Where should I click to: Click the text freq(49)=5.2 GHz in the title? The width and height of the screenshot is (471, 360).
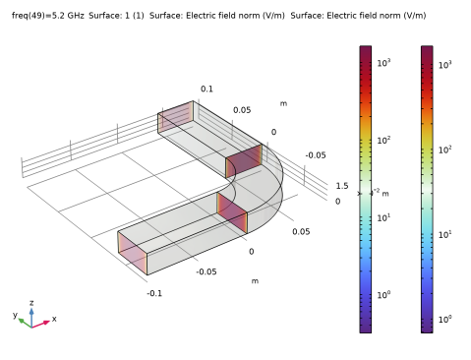click(48, 16)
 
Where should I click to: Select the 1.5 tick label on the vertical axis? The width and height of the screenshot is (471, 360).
click(342, 186)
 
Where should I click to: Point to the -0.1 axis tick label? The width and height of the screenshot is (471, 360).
click(154, 293)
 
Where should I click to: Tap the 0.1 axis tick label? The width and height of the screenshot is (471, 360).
click(206, 89)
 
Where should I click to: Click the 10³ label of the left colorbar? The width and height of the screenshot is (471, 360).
click(383, 62)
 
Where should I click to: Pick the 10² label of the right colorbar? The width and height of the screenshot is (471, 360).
click(445, 150)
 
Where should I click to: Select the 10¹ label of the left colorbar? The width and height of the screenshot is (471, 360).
click(383, 217)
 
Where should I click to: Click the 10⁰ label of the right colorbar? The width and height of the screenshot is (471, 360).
click(445, 319)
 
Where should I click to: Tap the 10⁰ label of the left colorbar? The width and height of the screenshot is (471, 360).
click(383, 295)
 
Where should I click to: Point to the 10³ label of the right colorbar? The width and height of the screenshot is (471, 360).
click(445, 65)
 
